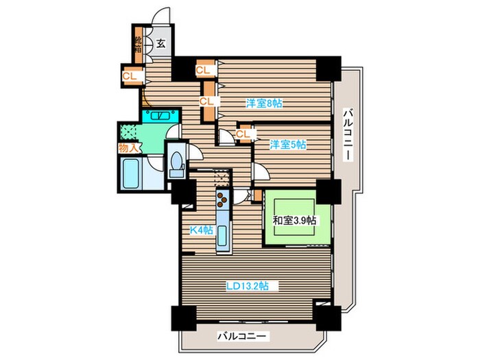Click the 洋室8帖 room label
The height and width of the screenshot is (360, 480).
click(x=264, y=104)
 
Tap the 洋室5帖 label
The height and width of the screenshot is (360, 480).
click(x=287, y=145)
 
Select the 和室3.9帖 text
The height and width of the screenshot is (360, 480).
click(x=294, y=220)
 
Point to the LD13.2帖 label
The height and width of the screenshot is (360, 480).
click(x=248, y=286)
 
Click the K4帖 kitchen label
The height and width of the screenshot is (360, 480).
click(x=201, y=230)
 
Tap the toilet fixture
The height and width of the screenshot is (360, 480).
click(x=177, y=165)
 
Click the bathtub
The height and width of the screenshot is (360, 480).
click(x=131, y=173)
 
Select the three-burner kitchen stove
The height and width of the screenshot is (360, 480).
click(x=223, y=200)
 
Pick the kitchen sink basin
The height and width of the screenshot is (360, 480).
click(x=223, y=237)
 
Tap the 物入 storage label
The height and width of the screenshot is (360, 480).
click(x=129, y=148)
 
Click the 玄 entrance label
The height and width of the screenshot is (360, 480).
click(x=160, y=43)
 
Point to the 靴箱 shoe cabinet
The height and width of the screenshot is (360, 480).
click(x=138, y=45)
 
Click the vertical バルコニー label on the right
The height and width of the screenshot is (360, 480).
click(x=348, y=134)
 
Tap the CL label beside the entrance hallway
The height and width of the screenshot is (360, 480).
click(x=130, y=76)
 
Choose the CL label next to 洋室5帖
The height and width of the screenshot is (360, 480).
click(x=243, y=134)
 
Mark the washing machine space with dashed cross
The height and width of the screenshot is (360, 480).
click(x=128, y=132)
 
